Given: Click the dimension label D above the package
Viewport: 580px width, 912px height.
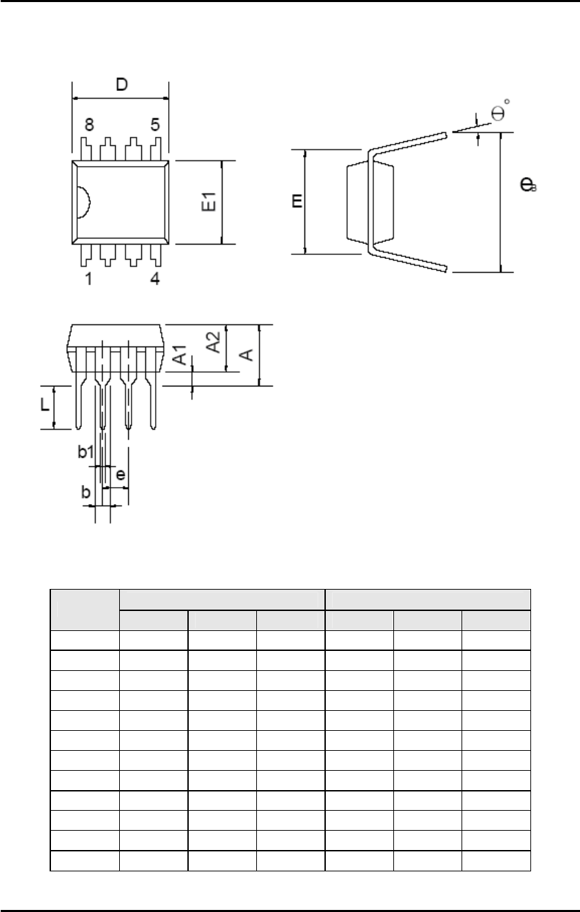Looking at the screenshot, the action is [x=121, y=85].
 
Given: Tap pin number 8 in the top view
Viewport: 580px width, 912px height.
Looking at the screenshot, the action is [x=89, y=125].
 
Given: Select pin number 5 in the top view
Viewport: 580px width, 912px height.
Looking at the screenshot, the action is [x=155, y=125].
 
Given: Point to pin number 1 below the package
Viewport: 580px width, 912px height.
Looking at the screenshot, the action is [x=89, y=280].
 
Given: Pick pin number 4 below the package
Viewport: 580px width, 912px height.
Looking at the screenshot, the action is [x=155, y=280].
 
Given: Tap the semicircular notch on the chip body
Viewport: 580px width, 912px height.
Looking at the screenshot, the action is [x=83, y=203].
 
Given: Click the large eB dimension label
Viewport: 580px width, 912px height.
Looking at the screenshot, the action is [x=528, y=185].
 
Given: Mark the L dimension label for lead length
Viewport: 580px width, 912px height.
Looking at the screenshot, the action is [x=44, y=406].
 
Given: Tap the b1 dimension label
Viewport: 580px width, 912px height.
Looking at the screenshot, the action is [x=85, y=453].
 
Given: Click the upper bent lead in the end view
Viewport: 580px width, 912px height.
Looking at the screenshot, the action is [x=413, y=141].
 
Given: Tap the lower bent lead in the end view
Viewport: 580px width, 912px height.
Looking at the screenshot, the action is [x=413, y=259].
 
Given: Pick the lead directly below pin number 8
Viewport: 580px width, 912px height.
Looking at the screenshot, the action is [x=85, y=147].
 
